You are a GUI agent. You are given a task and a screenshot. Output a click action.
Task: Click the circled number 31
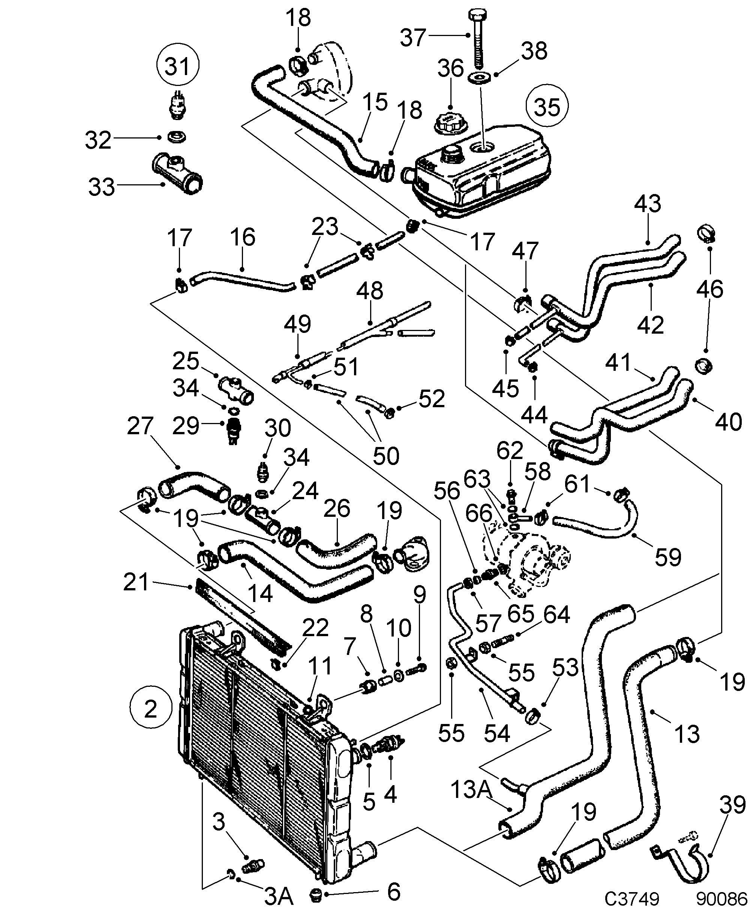178,66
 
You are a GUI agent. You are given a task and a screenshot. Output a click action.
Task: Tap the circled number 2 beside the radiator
150,708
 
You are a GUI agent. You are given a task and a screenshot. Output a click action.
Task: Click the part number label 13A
471,789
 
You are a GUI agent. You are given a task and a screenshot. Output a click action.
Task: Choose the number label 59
668,557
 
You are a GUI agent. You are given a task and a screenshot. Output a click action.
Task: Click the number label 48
370,290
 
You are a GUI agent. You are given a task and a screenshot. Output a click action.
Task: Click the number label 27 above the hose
140,426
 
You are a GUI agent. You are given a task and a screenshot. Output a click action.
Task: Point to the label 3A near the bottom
279,896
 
